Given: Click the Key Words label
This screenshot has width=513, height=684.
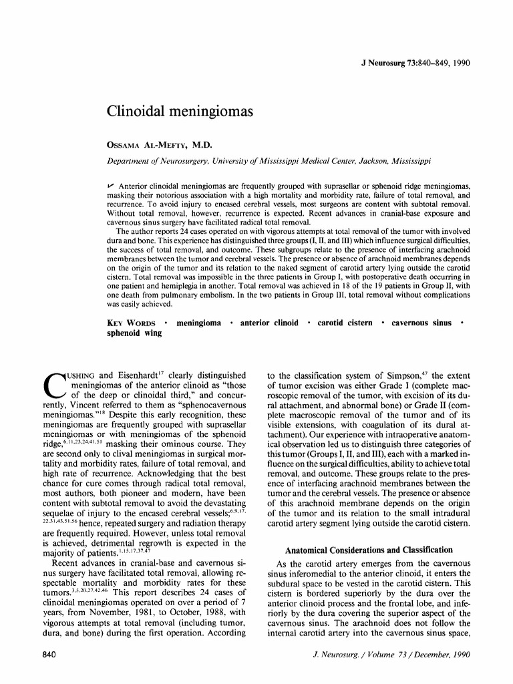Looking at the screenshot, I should point(132,323).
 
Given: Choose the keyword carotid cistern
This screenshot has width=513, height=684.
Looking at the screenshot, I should point(345,323).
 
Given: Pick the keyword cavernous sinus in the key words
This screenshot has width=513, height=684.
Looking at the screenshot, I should point(421,323).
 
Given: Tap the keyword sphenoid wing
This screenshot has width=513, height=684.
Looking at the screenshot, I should point(134,333).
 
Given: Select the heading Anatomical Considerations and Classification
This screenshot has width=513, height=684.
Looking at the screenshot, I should point(369,550).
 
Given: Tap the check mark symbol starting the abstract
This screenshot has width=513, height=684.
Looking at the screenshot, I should point(111,182).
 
